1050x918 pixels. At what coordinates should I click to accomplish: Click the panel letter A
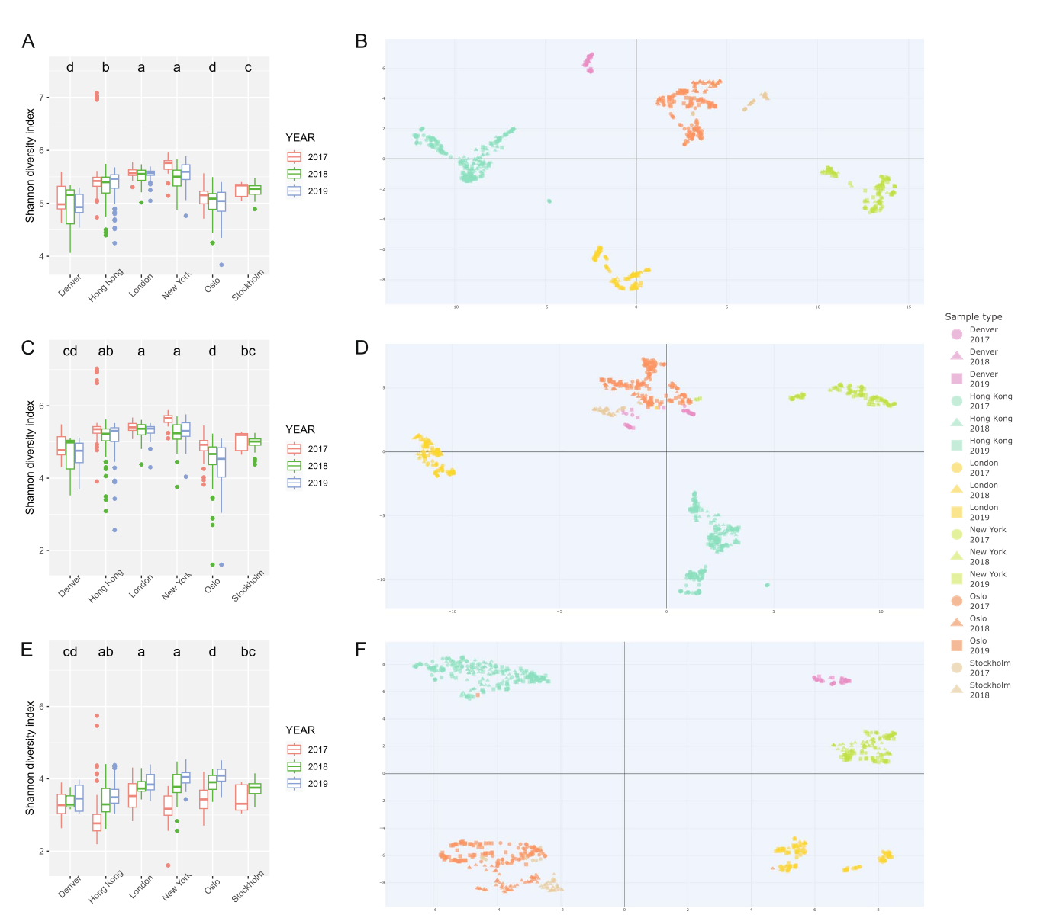click(28, 41)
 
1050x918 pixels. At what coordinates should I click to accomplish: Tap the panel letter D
click(362, 348)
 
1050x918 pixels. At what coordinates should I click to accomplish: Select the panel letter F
click(361, 650)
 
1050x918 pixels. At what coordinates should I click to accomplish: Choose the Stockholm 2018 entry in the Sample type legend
click(990, 690)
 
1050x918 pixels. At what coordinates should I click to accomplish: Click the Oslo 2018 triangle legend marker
click(957, 623)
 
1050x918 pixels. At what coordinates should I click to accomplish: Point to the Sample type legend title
click(973, 316)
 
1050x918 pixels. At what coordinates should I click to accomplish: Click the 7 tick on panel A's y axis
click(44, 98)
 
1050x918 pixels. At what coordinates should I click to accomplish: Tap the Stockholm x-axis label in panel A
click(249, 285)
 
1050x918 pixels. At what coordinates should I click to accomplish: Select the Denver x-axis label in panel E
click(70, 885)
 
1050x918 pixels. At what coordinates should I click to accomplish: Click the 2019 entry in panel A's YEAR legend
click(317, 191)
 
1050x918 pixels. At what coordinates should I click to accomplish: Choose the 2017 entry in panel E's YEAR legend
click(317, 749)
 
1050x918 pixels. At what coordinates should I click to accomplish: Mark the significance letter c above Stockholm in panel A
click(248, 67)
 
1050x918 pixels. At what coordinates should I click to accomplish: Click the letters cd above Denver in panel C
click(70, 351)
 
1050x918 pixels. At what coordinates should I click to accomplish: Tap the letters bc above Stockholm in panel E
click(248, 652)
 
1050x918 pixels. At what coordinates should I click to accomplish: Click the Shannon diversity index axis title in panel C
click(31, 457)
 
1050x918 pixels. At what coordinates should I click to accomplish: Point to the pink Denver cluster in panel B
click(589, 61)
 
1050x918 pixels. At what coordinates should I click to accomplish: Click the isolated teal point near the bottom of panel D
click(767, 585)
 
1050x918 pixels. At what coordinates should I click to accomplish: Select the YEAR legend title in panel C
click(300, 429)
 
